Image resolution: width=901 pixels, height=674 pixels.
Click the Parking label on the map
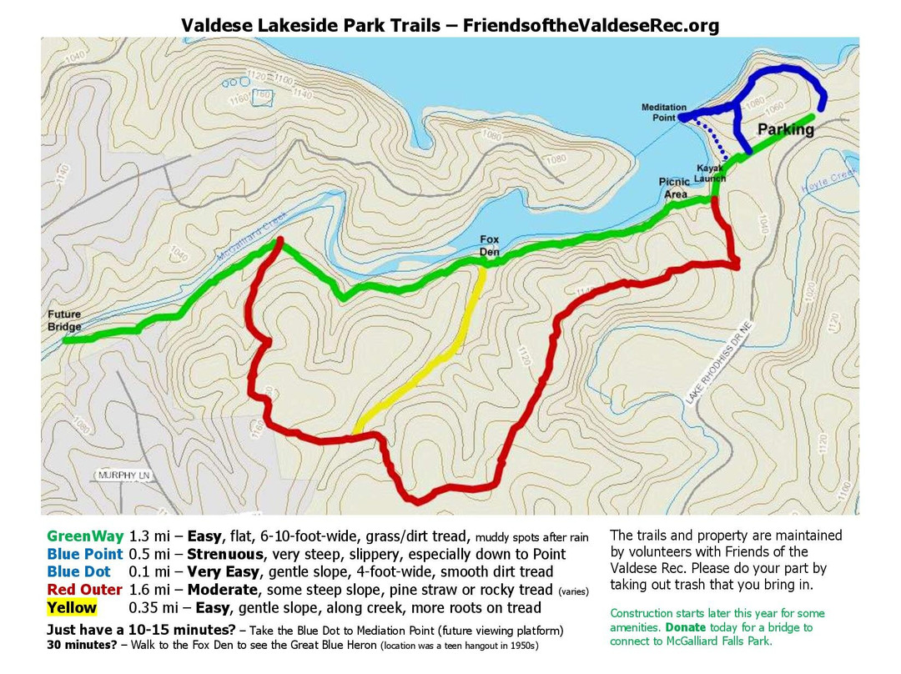click(785, 130)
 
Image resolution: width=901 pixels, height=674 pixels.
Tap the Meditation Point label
click(664, 112)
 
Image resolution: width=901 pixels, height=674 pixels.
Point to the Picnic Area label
click(674, 188)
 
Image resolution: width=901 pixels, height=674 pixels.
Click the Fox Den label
click(489, 245)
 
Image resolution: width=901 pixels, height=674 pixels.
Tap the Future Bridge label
click(63, 321)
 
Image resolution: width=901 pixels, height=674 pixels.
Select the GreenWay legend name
click(85, 536)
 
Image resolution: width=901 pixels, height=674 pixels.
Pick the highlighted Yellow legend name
click(72, 608)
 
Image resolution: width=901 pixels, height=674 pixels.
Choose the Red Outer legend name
click(85, 590)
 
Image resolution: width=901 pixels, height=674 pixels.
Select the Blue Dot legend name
click(78, 572)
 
